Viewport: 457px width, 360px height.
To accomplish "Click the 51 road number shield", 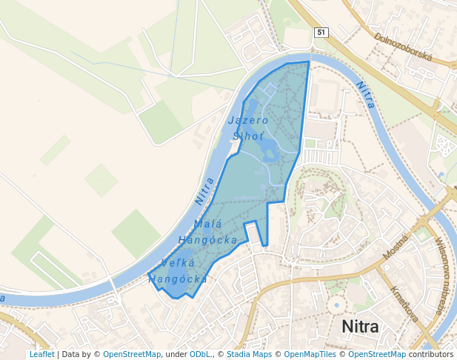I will coord(321,33).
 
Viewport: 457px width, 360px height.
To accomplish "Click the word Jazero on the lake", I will coord(248,120).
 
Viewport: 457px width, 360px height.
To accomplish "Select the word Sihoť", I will coord(248,136).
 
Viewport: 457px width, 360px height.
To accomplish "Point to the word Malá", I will coord(207,224).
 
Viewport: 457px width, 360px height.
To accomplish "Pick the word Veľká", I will coord(179,264).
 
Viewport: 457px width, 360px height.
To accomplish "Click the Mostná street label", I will coord(396,246).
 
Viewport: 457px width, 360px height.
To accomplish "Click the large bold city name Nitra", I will coord(359,327).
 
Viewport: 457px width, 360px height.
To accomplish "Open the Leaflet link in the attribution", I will coord(42,355).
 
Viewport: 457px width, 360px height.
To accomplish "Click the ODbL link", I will coord(199,355).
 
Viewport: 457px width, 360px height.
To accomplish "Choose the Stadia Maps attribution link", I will coord(249,355).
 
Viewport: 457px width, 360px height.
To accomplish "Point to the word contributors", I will coord(430,355).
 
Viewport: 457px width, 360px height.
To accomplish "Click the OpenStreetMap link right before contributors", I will coord(377,355).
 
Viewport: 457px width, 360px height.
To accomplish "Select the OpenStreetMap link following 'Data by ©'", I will coord(132,355).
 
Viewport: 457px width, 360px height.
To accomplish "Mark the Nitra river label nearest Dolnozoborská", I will coord(365,95).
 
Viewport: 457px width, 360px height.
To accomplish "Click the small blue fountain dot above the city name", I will coord(336,304).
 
